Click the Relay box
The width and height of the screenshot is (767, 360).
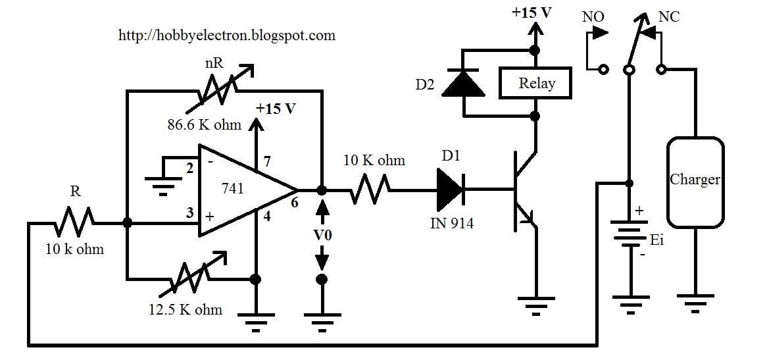click(x=535, y=83)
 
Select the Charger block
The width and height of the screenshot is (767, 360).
click(x=695, y=182)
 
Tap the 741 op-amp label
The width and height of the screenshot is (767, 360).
click(x=232, y=189)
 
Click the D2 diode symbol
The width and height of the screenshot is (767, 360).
click(x=463, y=83)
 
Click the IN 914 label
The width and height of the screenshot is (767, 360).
click(x=452, y=224)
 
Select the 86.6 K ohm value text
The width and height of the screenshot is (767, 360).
click(x=203, y=125)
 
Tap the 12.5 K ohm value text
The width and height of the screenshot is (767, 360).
click(x=186, y=309)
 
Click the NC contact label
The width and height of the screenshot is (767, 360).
click(x=669, y=16)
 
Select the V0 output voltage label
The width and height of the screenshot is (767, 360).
click(x=322, y=235)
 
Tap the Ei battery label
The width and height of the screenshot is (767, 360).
click(x=658, y=241)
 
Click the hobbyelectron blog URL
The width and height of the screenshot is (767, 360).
click(x=227, y=36)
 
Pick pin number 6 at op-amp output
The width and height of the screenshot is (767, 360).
click(x=295, y=203)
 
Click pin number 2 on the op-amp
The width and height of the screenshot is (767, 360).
click(x=190, y=168)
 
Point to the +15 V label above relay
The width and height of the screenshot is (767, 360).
click(x=532, y=13)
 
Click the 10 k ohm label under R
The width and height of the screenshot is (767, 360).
click(x=75, y=249)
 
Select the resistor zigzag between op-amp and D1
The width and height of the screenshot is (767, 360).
click(x=369, y=190)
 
